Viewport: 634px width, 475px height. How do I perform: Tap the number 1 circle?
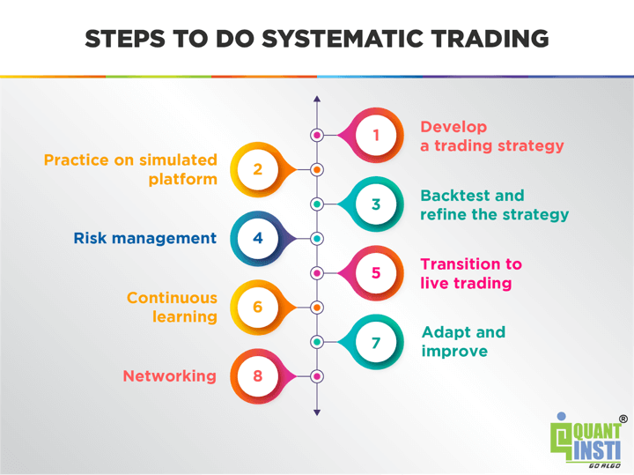376,135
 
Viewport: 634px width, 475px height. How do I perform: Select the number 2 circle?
257,169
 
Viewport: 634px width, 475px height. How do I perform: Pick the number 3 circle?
376,204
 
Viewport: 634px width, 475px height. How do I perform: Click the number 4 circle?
257,238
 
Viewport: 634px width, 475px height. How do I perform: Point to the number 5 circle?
376,272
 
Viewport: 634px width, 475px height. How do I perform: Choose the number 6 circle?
257,307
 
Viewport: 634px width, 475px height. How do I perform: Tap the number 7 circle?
376,341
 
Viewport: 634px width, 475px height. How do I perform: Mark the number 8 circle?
257,375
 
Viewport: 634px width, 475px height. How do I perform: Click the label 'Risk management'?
144,238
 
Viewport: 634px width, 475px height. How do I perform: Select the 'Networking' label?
169,376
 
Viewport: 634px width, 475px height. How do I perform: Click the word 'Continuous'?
172,298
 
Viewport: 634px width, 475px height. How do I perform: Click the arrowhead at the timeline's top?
317,99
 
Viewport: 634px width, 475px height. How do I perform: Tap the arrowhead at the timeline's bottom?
317,412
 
